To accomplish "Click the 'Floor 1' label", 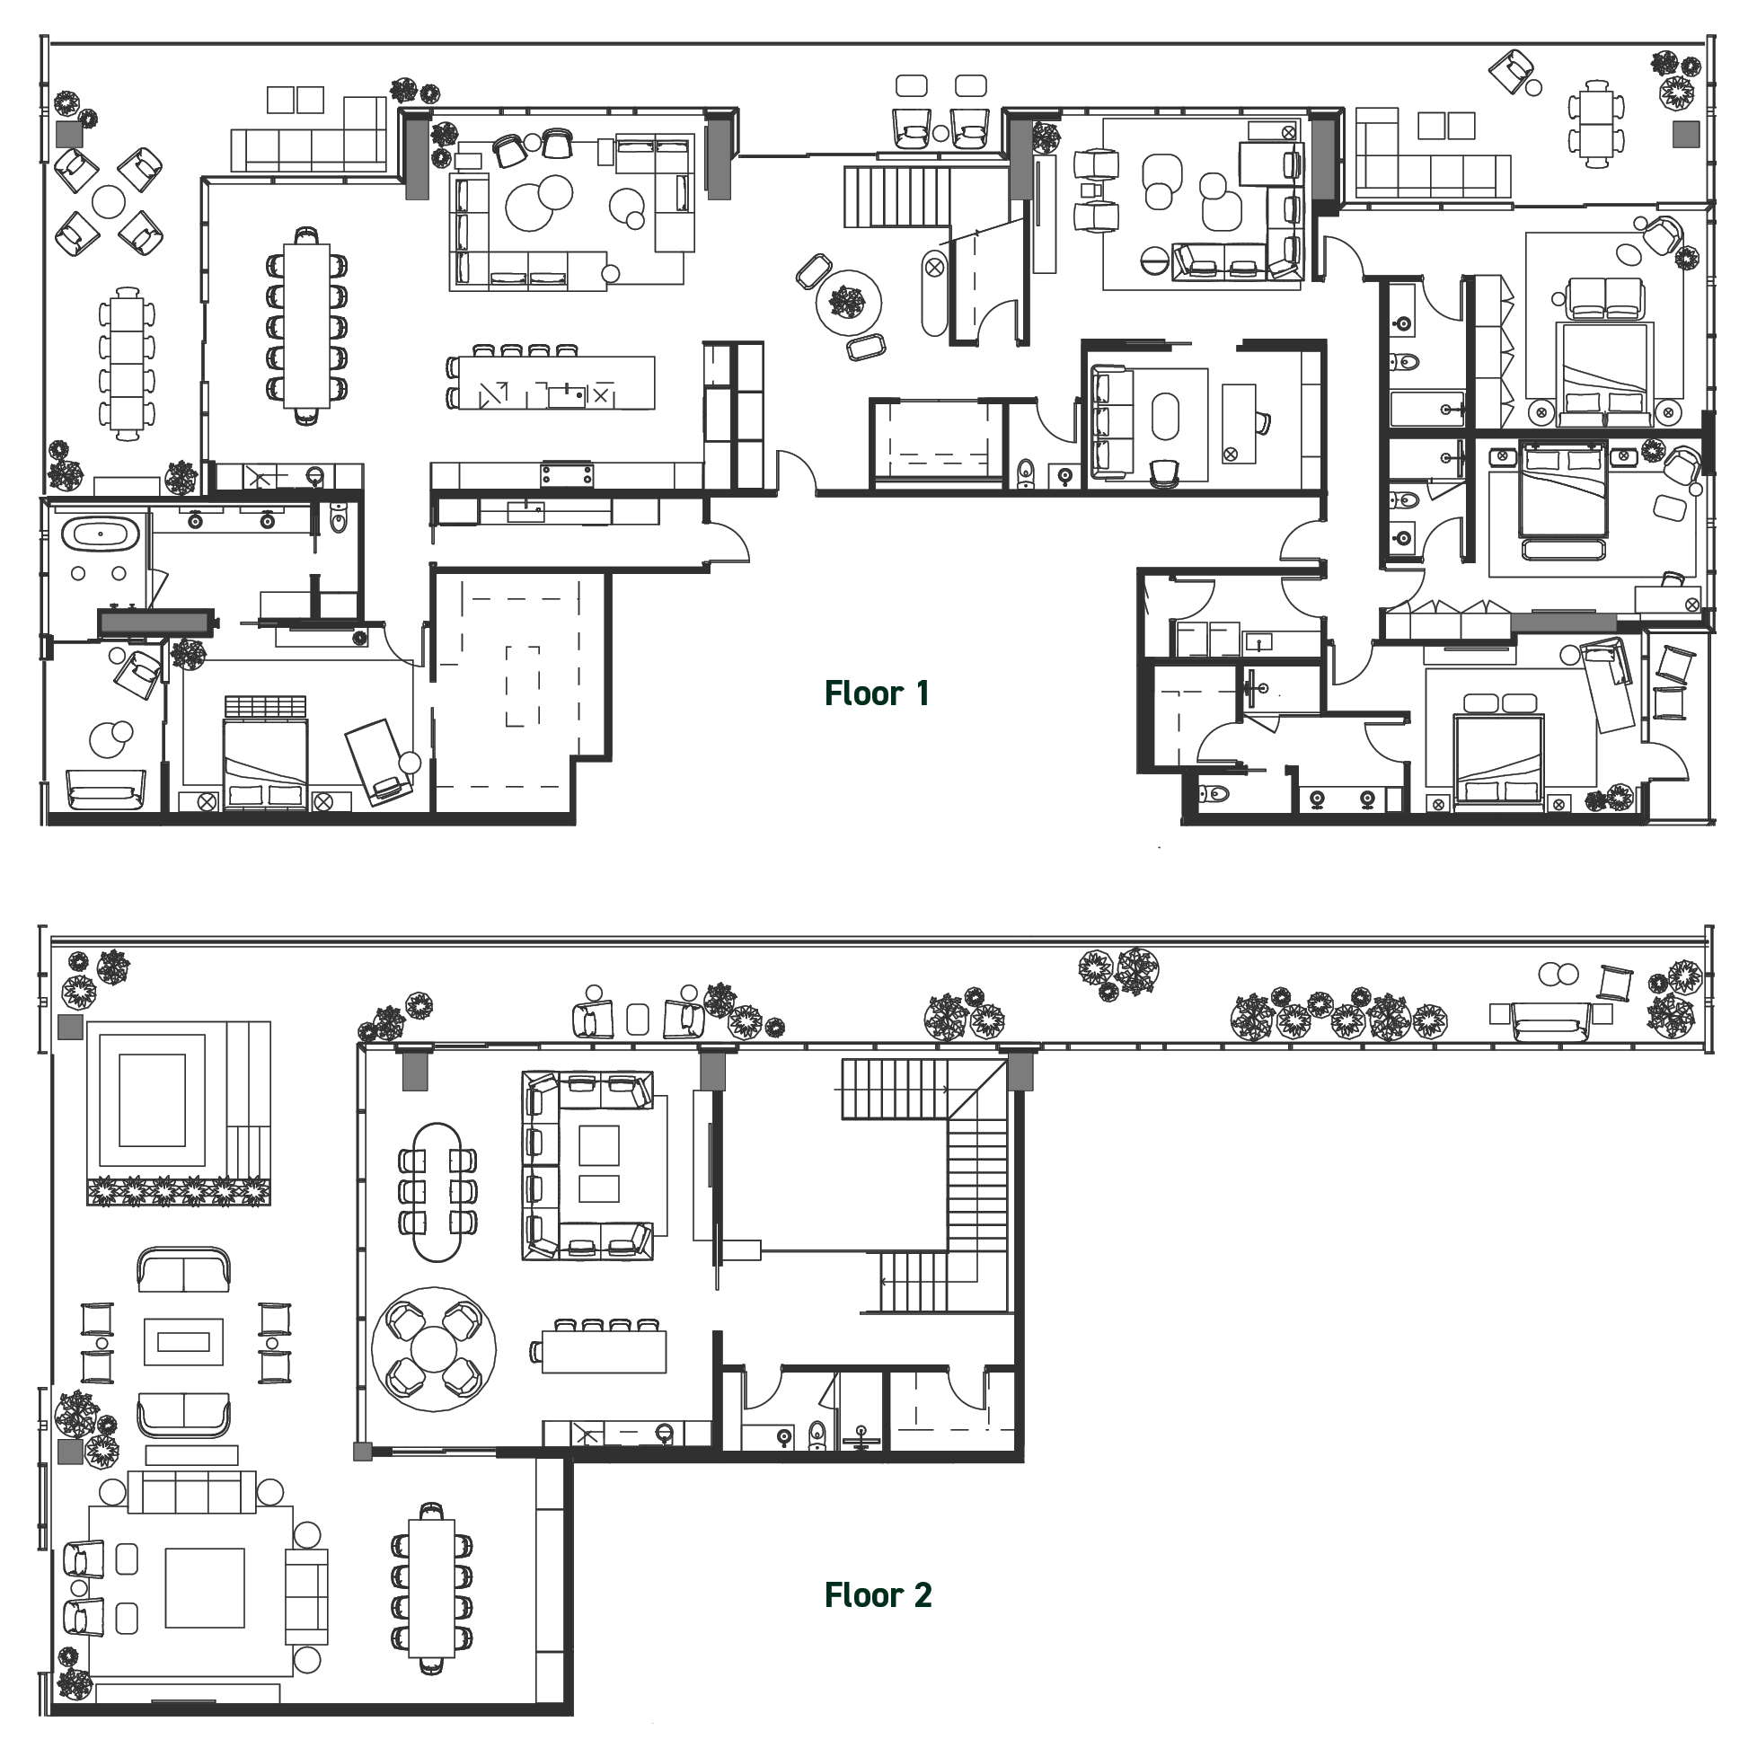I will (x=877, y=693).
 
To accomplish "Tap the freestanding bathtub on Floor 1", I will (x=105, y=533).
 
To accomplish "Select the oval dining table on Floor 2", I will (x=437, y=1191).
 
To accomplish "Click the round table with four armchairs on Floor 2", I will (x=434, y=1348).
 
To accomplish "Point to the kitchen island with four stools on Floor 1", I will (x=555, y=384).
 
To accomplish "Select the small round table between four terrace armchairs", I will (x=108, y=201).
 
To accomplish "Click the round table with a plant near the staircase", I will (x=849, y=301).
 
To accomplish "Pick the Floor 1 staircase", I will (x=896, y=197).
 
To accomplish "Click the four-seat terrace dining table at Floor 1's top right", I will (x=1597, y=123).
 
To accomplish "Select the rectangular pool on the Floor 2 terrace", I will (x=152, y=1099).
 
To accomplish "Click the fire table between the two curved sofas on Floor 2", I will (x=184, y=1341).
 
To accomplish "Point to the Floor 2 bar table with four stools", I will (x=605, y=1351).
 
